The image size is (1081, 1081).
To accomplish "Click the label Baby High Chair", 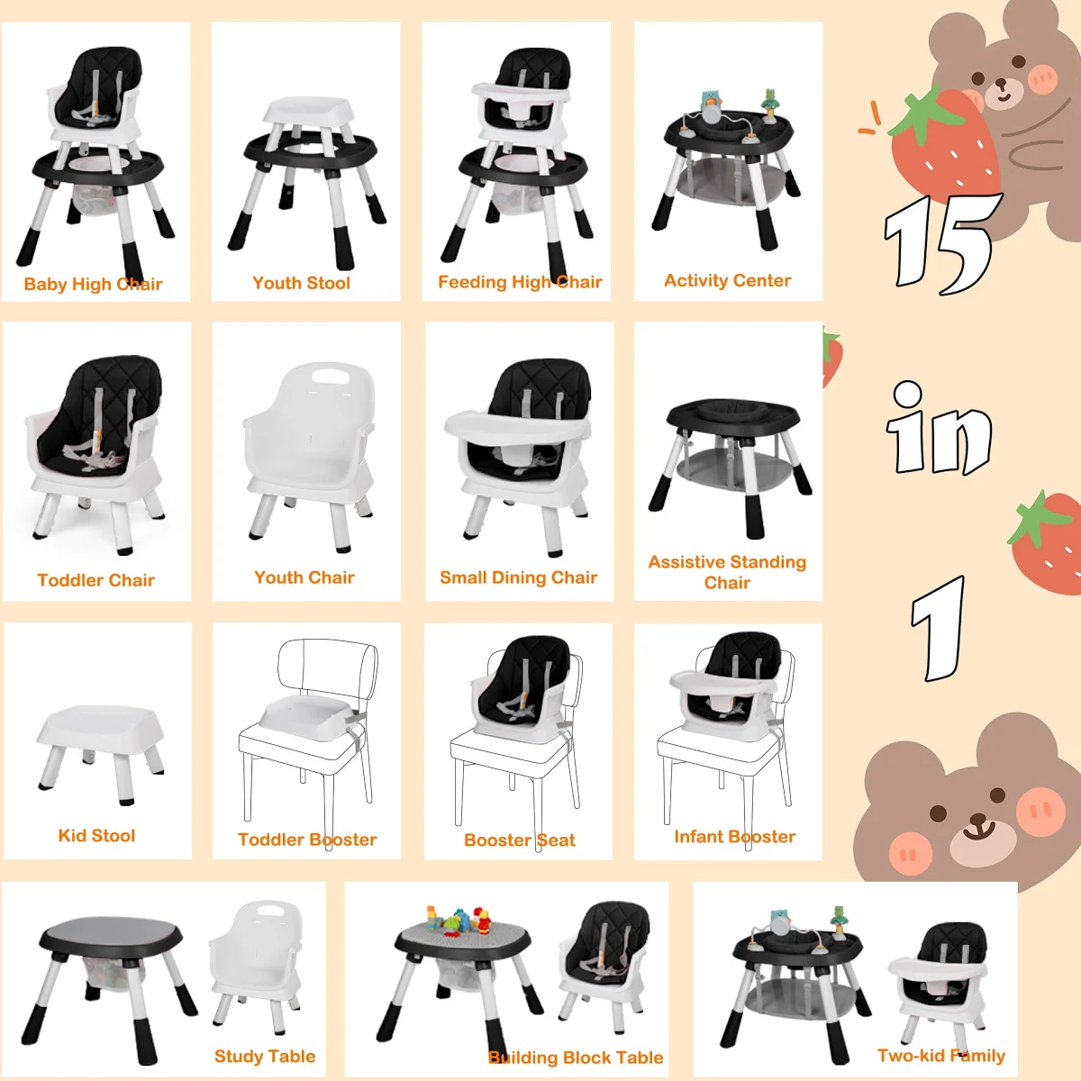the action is click(93, 284).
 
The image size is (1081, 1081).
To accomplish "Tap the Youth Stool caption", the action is click(301, 283).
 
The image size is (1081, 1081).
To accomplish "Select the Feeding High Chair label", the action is click(520, 282).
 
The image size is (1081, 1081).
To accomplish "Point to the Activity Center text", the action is click(728, 280).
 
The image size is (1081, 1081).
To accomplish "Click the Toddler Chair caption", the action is click(95, 580).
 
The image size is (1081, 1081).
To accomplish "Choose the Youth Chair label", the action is click(304, 577).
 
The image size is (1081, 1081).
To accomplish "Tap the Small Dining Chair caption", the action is click(518, 577).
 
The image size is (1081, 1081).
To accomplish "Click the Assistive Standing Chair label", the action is click(727, 572).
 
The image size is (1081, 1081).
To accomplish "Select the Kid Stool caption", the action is click(96, 836).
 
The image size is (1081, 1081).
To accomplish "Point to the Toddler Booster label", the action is click(307, 840).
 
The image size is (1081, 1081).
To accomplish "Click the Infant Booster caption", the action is click(734, 837).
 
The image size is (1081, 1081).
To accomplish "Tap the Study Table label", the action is click(265, 1057).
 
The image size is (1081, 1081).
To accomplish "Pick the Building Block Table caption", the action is click(576, 1058).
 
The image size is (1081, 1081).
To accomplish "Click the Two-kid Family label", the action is click(940, 1056).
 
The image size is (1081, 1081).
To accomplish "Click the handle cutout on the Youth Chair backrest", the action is click(331, 376).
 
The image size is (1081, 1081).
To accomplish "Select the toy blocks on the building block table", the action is click(459, 920).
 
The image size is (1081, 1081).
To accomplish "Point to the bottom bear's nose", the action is click(979, 820).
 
